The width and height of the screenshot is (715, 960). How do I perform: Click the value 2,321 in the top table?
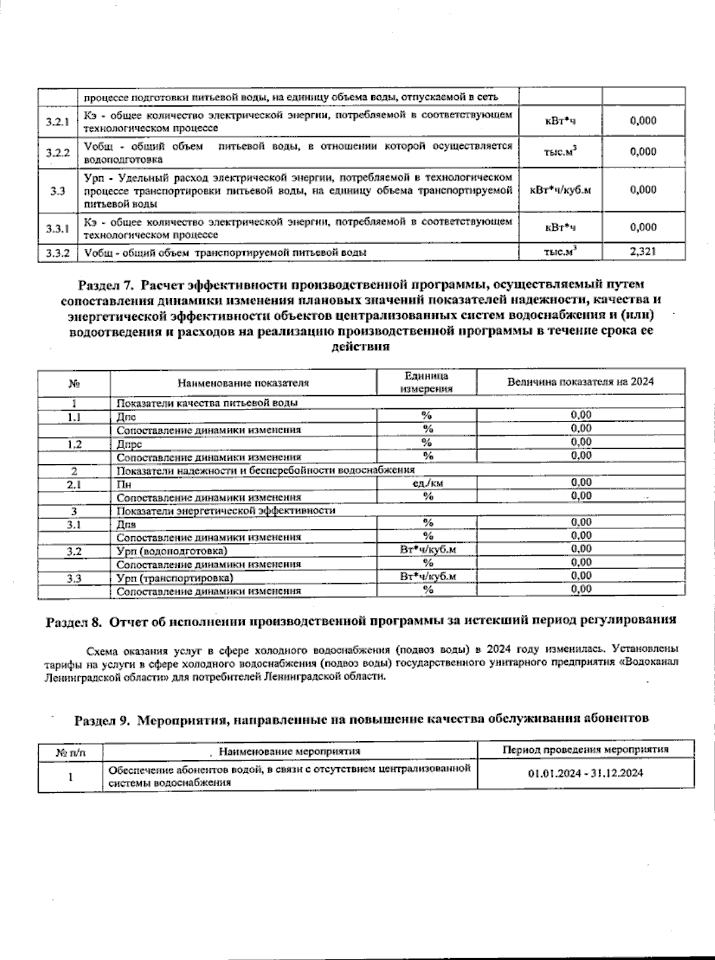pos(643,252)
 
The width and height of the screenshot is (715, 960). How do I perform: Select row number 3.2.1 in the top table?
pos(58,122)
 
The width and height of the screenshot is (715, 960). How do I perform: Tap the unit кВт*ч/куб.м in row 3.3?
pos(560,190)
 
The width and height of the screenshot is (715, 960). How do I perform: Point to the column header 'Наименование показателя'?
pos(243,383)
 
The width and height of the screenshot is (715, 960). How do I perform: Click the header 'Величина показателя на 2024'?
pos(580,382)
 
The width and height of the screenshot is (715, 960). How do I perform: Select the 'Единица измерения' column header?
pos(426,382)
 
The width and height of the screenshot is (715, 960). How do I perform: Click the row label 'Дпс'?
pos(126,417)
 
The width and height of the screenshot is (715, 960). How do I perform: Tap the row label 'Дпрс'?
pos(129,444)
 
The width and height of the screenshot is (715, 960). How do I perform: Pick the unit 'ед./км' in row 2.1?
pos(427,483)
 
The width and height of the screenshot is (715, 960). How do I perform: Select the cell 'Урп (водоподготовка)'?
pos(172,551)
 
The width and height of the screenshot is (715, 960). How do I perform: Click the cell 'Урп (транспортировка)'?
pos(175,578)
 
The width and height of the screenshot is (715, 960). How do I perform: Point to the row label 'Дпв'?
pos(126,524)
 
